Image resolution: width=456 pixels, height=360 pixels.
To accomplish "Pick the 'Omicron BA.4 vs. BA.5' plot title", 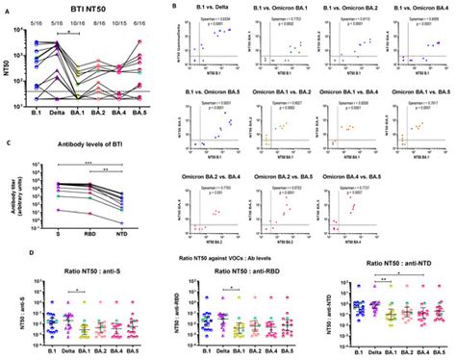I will click(x=347, y=173).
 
